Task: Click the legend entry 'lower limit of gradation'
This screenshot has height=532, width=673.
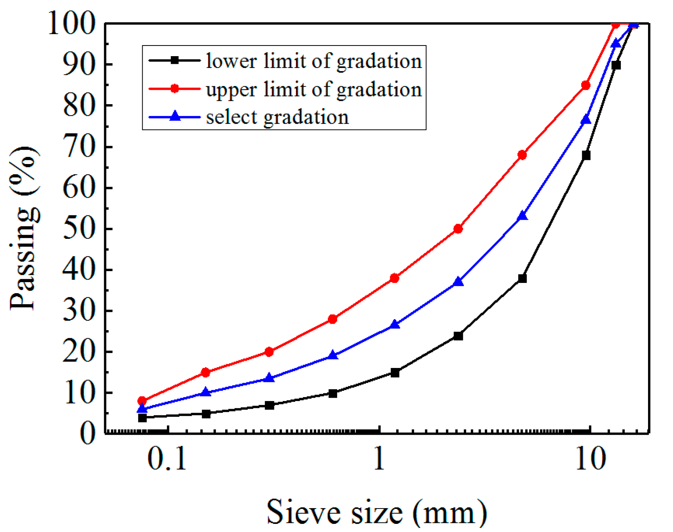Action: coord(314,61)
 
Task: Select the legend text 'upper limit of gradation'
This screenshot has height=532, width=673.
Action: coord(314,89)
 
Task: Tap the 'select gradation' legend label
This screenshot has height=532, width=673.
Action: coord(277,117)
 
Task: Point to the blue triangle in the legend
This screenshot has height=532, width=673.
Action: coord(175,116)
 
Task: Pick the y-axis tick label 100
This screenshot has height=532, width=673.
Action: coord(72,23)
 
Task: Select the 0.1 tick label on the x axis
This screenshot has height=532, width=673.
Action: coord(167,459)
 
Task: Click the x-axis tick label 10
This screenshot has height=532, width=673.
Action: coord(590,459)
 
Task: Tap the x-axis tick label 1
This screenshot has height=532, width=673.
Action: coord(379,459)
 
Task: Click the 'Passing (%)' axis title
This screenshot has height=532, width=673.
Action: coord(23,228)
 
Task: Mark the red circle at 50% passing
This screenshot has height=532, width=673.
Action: coord(458,229)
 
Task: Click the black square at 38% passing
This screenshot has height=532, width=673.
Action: coord(522,278)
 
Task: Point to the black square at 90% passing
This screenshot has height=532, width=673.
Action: coord(616,65)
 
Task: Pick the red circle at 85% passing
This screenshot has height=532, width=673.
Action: coord(586,85)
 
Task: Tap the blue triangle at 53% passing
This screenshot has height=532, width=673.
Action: coord(522,216)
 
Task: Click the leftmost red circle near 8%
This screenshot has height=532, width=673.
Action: coord(142,401)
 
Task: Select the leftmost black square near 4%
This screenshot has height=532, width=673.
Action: coord(142,418)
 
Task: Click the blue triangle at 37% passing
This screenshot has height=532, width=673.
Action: coord(458,282)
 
